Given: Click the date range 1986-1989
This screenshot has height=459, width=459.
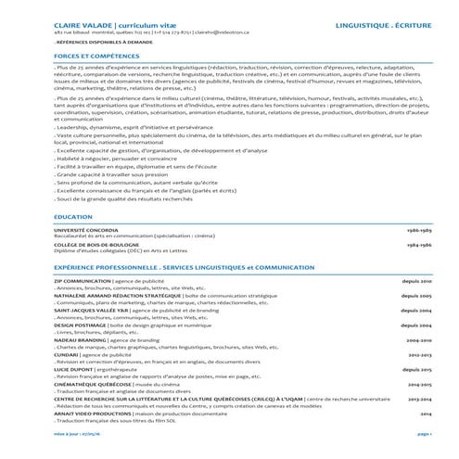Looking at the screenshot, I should [x=419, y=229].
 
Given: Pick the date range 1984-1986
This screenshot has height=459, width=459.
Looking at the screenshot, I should [x=419, y=244].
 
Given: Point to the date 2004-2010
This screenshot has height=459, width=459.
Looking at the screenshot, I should [x=419, y=340].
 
